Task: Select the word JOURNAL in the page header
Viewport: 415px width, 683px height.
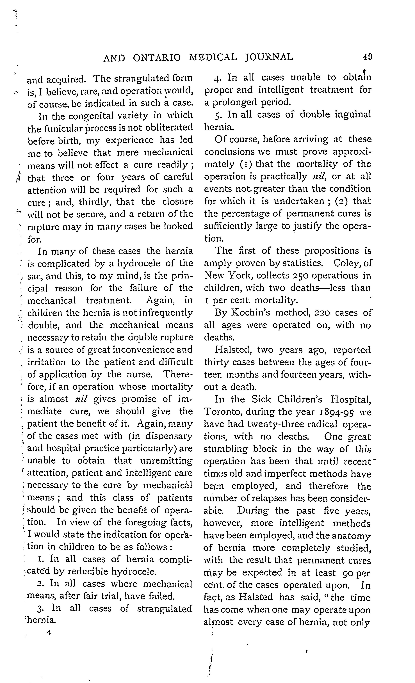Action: pyautogui.click(x=269, y=57)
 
